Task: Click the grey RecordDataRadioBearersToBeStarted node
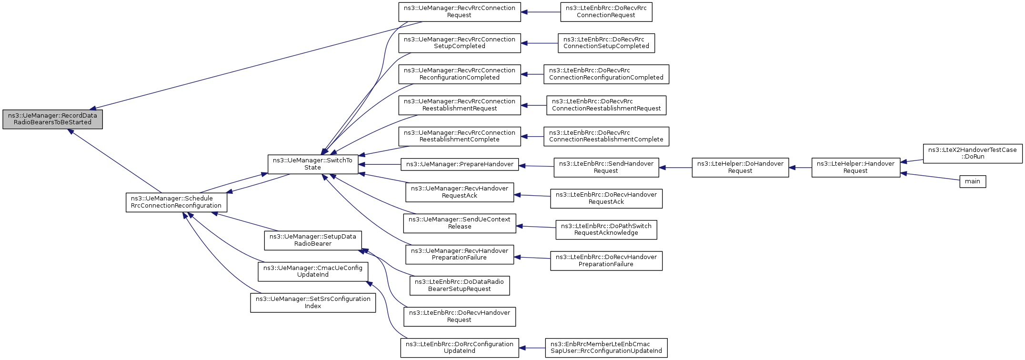[52, 119]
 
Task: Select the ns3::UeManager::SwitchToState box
[312, 164]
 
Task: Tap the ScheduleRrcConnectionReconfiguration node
[176, 202]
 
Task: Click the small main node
[973, 181]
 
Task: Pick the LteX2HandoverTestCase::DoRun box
[973, 153]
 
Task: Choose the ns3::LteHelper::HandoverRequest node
[856, 168]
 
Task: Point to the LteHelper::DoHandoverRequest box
[740, 168]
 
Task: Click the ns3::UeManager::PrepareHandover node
[460, 164]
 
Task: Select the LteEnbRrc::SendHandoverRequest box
[606, 168]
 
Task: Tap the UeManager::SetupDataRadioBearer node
[313, 240]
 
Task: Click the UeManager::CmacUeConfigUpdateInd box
[313, 271]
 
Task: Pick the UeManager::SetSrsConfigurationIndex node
[313, 303]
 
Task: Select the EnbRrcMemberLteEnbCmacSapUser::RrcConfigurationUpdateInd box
[606, 348]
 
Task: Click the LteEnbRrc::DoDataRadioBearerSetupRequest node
[460, 286]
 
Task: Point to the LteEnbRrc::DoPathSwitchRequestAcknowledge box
[606, 230]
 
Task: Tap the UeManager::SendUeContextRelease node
[460, 223]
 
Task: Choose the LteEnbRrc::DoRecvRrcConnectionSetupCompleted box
[606, 43]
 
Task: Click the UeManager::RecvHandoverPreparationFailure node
[460, 254]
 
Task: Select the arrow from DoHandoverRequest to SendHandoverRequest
[675, 168]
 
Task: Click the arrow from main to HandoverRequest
[930, 177]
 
